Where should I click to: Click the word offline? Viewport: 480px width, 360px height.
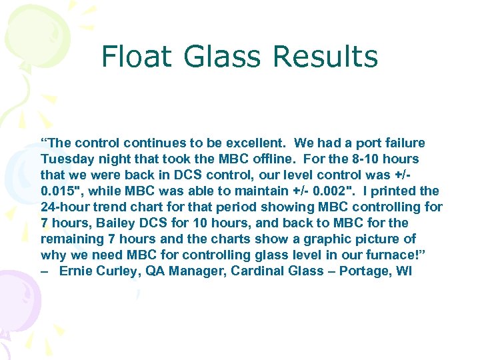(x=278, y=159)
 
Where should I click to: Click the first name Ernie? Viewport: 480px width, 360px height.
(x=76, y=271)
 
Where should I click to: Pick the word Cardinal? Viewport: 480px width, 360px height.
(x=255, y=271)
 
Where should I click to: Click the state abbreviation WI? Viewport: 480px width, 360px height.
(x=404, y=271)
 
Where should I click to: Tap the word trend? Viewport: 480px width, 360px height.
(x=111, y=207)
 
